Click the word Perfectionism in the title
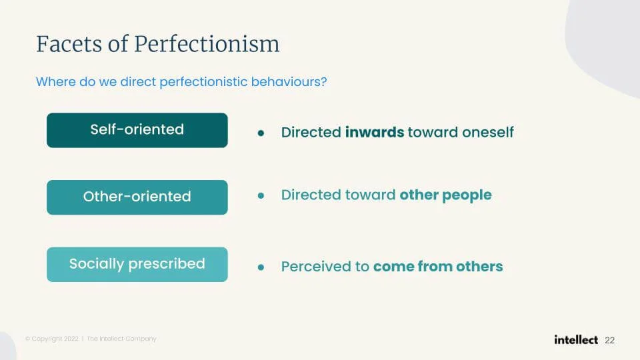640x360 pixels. (x=207, y=45)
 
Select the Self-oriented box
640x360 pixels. (x=137, y=129)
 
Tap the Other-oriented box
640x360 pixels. (x=137, y=197)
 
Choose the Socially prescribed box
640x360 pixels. (x=137, y=264)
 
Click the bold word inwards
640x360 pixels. (x=375, y=132)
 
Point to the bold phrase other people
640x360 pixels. (x=445, y=195)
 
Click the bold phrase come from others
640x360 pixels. (x=438, y=267)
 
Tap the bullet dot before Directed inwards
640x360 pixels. (x=261, y=133)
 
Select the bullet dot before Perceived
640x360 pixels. (x=261, y=267)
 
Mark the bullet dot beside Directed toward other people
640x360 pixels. (x=261, y=196)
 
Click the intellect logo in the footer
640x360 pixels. (x=576, y=339)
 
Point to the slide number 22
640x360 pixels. (x=609, y=340)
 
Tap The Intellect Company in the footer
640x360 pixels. (x=121, y=339)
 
